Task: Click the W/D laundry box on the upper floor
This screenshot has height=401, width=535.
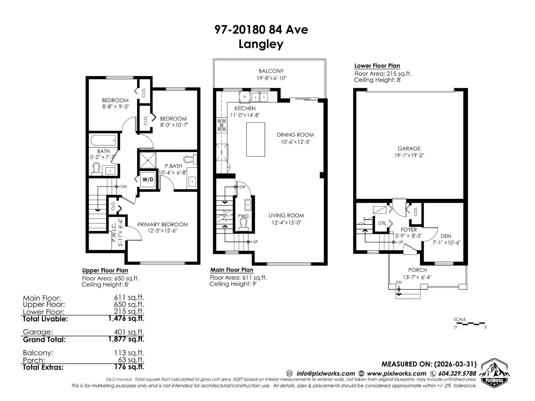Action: point(148,179)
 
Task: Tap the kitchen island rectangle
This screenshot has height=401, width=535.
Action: point(255,139)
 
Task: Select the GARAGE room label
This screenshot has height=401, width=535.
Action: point(409,148)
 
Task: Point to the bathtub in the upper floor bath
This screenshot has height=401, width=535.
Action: point(103,140)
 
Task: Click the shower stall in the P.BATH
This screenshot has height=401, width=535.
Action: point(148,160)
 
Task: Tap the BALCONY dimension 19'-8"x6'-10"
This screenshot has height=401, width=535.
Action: point(272,78)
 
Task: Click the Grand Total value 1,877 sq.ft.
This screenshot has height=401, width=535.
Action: point(126,339)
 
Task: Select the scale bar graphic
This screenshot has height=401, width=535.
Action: point(470,323)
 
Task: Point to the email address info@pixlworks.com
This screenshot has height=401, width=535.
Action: point(326,374)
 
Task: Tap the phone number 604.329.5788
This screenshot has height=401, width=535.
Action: point(457,374)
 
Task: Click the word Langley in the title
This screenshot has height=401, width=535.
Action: point(261,44)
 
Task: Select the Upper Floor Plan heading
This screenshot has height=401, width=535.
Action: point(105,270)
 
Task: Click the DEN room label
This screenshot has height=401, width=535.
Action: point(446,236)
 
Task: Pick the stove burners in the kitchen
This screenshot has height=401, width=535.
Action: point(222,125)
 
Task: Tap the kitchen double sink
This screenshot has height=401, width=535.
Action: point(259,97)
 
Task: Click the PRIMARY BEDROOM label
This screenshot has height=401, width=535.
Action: point(163,225)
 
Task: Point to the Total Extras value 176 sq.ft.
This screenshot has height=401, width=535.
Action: point(129,367)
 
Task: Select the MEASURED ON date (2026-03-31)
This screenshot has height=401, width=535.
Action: point(455,364)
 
